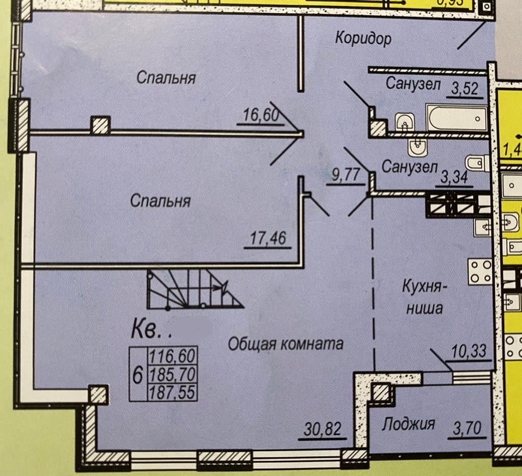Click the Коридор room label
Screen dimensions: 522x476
click(363, 38)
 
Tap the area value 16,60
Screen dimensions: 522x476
click(258, 116)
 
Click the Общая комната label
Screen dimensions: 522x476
click(285, 344)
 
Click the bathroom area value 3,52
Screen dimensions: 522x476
click(464, 89)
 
